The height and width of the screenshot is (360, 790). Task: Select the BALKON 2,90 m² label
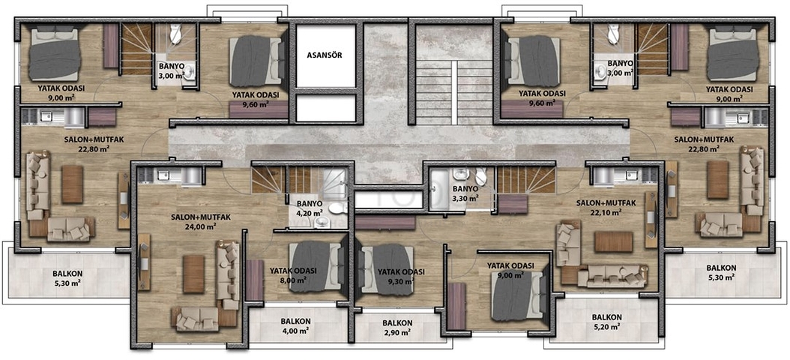[397, 328]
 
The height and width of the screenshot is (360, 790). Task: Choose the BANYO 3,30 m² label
[465, 193]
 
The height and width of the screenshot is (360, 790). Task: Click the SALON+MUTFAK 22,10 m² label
[606, 208]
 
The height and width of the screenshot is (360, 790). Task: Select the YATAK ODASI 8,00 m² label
[293, 274]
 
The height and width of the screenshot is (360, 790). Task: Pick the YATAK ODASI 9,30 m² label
[401, 276]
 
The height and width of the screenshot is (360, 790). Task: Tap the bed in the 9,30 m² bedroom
[385, 268]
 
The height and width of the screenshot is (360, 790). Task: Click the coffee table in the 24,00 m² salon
[193, 274]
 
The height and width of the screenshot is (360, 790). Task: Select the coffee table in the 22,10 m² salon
[613, 241]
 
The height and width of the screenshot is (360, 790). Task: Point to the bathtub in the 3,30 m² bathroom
[435, 188]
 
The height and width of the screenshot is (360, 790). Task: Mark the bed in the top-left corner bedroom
[54, 55]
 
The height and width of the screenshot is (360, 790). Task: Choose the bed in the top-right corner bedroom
[732, 55]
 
